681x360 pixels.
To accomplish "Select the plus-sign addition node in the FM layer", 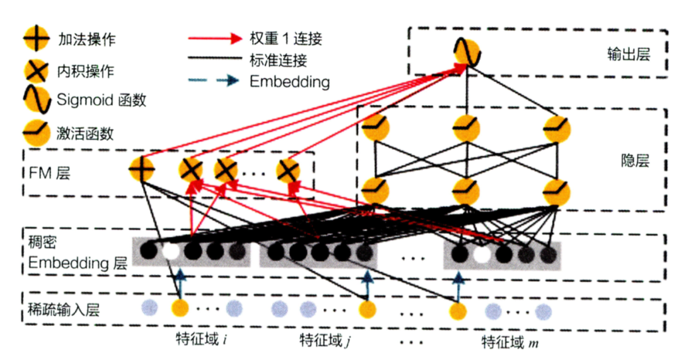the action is pos(141,169).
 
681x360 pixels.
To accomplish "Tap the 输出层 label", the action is pos(624,54).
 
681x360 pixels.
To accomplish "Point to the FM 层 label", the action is pos(54,171).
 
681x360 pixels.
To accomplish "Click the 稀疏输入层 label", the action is pos(63,309).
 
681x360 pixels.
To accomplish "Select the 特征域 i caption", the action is pos(201,342).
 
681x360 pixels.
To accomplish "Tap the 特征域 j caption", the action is pos(325,342).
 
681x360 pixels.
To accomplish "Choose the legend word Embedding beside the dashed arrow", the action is pos(289,82).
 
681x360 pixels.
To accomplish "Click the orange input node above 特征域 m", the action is pos(458,310).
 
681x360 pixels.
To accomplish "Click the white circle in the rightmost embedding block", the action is pos(482,253).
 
